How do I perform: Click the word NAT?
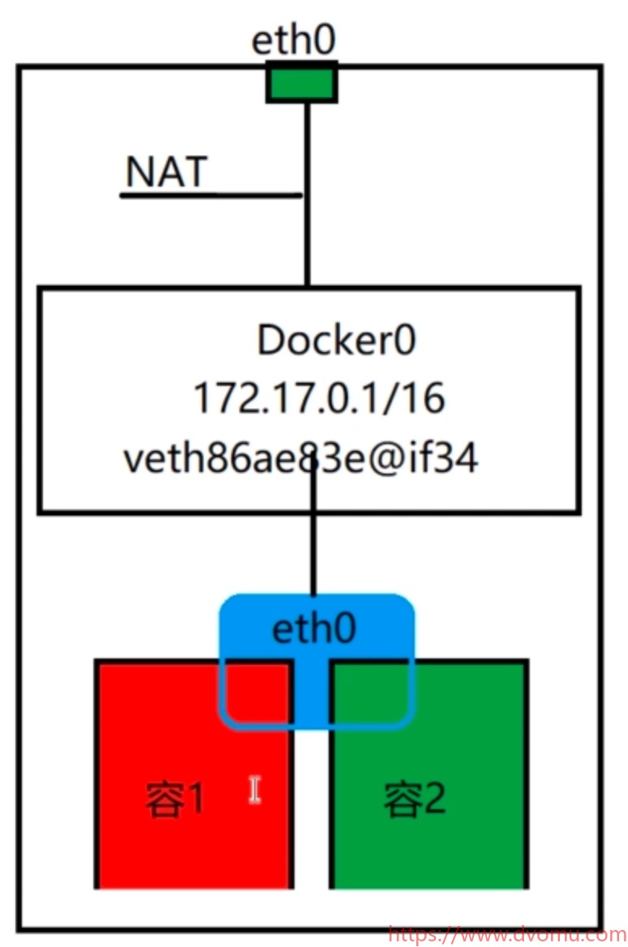166,172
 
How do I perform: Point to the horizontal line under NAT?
211,195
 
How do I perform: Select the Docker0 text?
336,341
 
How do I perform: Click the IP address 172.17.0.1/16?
319,399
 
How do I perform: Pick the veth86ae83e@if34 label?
300,459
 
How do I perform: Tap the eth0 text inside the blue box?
314,629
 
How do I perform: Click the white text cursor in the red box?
255,790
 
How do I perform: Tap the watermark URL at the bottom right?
506,935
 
